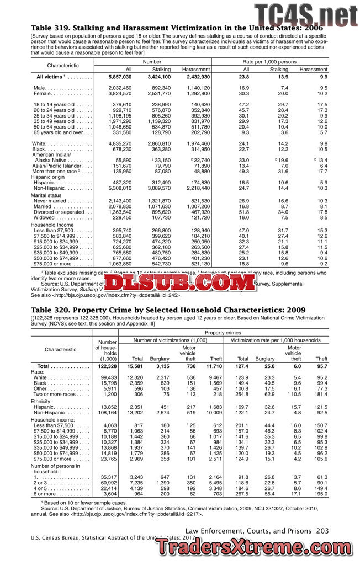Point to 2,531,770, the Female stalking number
click(x=158, y=94)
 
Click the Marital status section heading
click(x=46, y=195)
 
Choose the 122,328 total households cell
click(x=107, y=366)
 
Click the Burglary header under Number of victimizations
click(x=159, y=359)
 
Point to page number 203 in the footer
click(x=322, y=530)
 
